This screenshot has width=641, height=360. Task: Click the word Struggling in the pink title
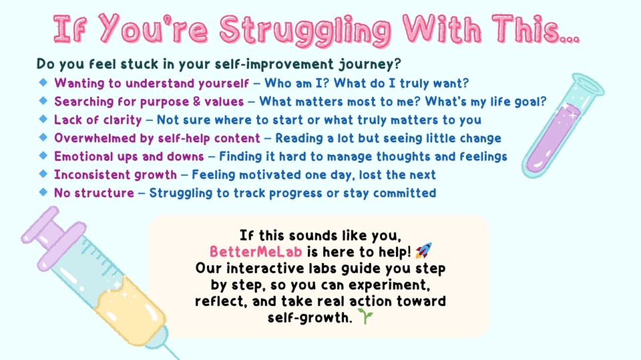(305, 29)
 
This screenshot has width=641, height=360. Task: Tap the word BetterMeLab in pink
(256, 252)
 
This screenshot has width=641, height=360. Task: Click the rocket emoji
(423, 250)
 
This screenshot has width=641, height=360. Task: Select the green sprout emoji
(365, 316)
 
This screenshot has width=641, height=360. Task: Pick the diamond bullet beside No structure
(43, 192)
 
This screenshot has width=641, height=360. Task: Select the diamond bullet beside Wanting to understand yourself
(43, 83)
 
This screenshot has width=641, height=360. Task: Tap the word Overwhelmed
(95, 138)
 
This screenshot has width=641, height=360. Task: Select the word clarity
(122, 120)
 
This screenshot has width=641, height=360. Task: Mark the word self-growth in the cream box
(310, 317)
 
